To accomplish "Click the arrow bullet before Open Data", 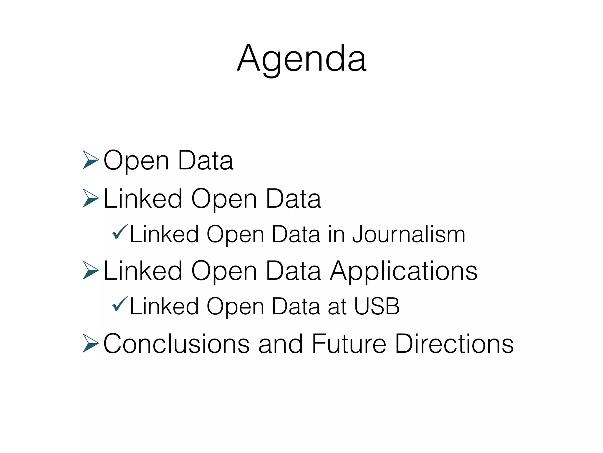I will click(x=90, y=160).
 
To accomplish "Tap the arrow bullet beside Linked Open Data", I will click(x=90, y=198).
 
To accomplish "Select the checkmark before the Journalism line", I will click(x=120, y=232).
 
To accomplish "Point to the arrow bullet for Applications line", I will click(x=90, y=270).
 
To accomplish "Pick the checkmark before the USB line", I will click(x=120, y=304).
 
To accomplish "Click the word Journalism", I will click(x=409, y=235).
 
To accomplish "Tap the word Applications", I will click(x=403, y=271).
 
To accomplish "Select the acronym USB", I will click(x=377, y=306).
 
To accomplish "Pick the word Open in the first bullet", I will click(x=136, y=161).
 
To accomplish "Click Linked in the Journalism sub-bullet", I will click(x=164, y=235).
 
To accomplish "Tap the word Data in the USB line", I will click(x=296, y=306).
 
